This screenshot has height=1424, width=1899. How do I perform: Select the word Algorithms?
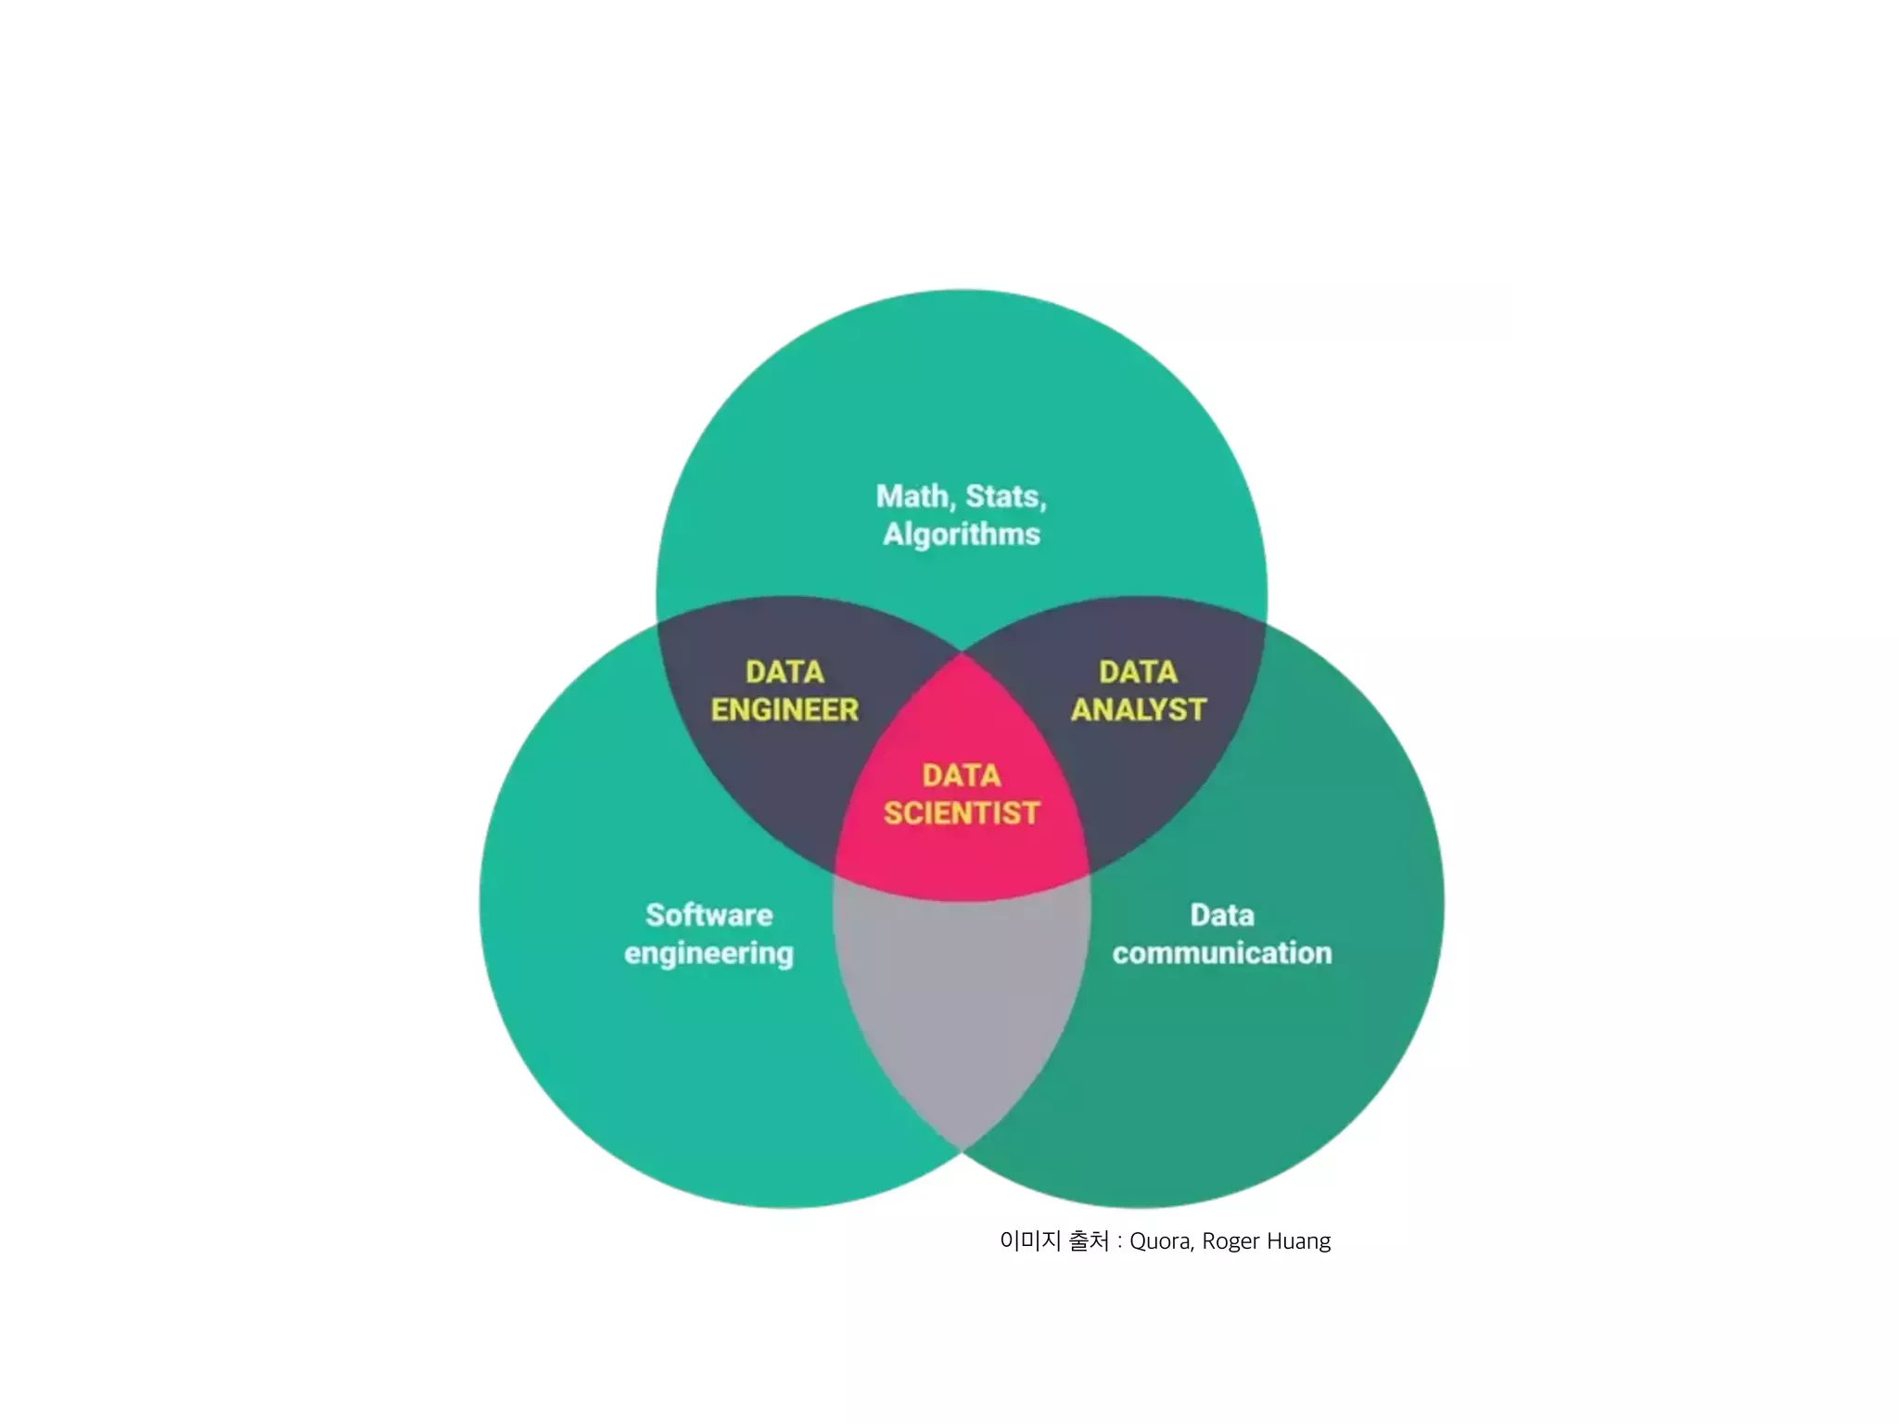(962, 535)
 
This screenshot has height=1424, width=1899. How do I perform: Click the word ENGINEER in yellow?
(784, 710)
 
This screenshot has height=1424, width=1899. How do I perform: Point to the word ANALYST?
(1139, 710)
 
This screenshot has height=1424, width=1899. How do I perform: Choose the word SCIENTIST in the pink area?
(962, 813)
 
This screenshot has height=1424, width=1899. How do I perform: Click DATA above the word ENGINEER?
(784, 672)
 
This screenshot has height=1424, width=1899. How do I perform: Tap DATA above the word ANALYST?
(1139, 672)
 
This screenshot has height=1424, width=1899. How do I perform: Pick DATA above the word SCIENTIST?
(962, 775)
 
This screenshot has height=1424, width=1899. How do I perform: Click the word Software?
(709, 915)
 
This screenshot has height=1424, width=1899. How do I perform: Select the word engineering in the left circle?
(709, 954)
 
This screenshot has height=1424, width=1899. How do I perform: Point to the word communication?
(1222, 953)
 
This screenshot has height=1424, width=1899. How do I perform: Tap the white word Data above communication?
(1222, 915)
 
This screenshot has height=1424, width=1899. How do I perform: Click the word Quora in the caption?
(1161, 1241)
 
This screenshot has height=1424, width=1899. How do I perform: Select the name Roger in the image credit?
(1230, 1241)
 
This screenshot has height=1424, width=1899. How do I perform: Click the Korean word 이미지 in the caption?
(1030, 1240)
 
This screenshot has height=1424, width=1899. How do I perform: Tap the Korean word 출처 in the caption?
(1089, 1240)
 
